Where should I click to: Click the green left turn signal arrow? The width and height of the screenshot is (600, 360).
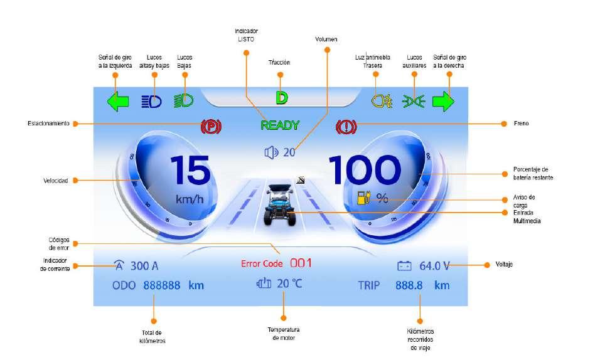point(118,101)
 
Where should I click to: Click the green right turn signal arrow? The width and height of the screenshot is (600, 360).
point(444,101)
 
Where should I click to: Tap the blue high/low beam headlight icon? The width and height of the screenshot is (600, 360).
point(151,101)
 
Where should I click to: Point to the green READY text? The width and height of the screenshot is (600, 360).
point(280,125)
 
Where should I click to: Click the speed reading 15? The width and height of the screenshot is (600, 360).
point(190,170)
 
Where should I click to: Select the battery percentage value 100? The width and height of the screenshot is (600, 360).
point(364,170)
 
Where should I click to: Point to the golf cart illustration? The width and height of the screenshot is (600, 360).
point(277,204)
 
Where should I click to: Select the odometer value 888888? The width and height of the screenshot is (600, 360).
point(162,285)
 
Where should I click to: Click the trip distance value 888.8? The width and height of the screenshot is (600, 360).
point(409,285)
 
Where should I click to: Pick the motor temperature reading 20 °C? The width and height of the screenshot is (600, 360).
point(289,283)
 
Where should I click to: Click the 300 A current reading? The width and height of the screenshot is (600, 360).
point(140,266)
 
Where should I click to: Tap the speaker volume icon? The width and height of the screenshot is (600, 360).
point(271,152)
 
